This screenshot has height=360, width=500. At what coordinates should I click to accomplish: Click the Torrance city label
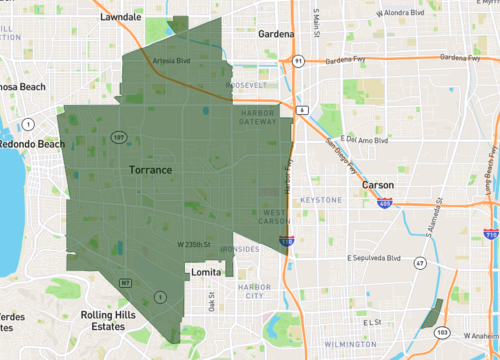[151, 171]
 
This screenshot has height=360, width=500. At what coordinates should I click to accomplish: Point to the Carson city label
[377, 186]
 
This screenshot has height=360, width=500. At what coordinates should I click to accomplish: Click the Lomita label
[205, 271]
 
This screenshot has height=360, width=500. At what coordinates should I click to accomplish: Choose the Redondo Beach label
[31, 144]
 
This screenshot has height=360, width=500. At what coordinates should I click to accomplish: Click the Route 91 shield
[298, 60]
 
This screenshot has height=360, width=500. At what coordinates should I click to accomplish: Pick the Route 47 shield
[421, 262]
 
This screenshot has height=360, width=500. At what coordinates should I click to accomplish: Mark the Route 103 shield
[442, 332]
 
